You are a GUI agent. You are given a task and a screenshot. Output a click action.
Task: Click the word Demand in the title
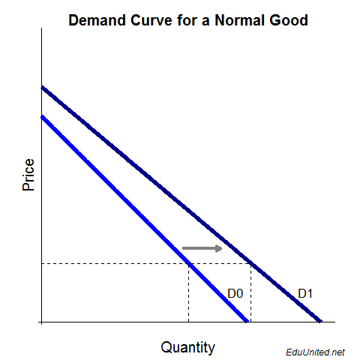click(98, 20)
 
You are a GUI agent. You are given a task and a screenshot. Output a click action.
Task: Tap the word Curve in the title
click(152, 20)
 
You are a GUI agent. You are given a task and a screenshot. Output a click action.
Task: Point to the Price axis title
click(28, 175)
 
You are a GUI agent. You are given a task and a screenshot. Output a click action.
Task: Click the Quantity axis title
click(187, 347)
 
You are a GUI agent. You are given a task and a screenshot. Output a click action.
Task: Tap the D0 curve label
click(235, 293)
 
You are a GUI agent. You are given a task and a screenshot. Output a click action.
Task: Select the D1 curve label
click(305, 293)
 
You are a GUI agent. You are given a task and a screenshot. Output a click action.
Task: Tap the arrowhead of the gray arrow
click(218, 248)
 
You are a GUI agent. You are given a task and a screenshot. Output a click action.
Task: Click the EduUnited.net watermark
click(315, 351)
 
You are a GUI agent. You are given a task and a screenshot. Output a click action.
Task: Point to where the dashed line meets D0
click(188, 263)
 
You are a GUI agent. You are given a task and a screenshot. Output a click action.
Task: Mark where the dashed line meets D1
click(250, 263)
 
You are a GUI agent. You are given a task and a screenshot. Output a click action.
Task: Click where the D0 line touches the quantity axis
click(247, 322)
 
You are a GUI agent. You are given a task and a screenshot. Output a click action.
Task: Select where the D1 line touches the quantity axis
click(320, 322)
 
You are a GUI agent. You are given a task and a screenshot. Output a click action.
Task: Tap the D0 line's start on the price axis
click(42, 116)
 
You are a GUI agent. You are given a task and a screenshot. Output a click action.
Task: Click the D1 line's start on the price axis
click(42, 88)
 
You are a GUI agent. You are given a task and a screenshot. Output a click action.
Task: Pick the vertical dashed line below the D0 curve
click(188, 292)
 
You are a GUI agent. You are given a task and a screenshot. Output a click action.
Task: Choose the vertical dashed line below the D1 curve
click(250, 292)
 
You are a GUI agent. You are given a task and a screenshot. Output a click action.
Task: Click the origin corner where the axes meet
click(42, 322)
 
